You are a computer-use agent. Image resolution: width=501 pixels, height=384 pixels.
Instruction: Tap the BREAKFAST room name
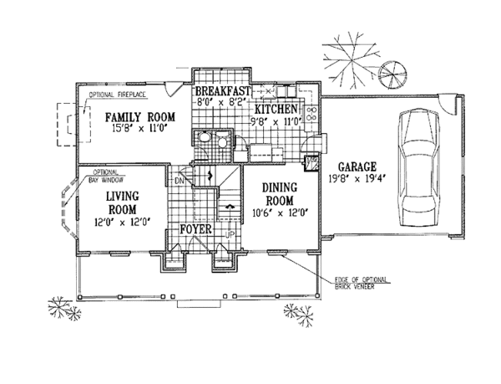224,90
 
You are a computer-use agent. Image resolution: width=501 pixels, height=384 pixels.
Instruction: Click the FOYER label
194,228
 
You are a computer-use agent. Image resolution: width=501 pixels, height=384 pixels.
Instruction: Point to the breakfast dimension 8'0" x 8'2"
223,101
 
